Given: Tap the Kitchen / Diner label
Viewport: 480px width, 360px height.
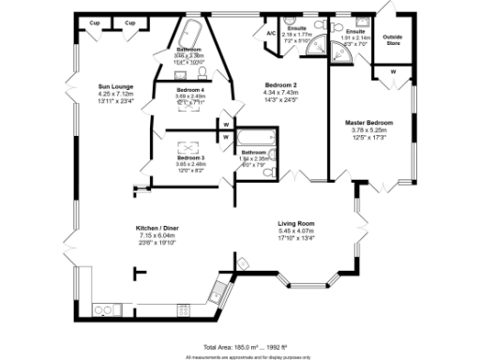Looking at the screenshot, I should pos(156,229).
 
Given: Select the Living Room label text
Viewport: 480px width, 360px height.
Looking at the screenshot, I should pos(295,223).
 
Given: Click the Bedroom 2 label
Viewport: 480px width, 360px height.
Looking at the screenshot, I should pos(282,84).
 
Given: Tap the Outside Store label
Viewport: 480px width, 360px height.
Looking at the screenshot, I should pos(393,40).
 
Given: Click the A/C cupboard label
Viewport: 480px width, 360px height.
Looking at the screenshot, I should pos(271,33).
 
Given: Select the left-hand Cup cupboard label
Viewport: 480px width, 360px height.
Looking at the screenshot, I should pos(95,22).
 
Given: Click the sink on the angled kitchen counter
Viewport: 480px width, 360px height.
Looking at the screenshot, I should pos(217,287).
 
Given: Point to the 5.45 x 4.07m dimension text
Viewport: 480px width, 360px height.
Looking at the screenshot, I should pos(295,231).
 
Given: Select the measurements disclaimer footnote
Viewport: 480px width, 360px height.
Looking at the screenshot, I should pos(239,356).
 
